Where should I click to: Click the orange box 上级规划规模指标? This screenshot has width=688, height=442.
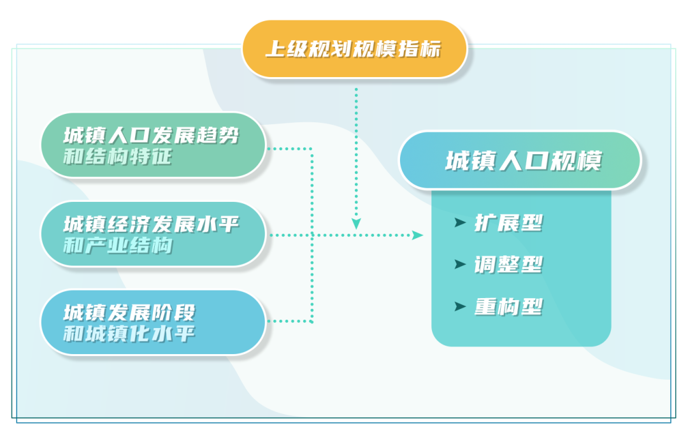pos(354,49)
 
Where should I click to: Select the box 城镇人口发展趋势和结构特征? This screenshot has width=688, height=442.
pos(153,145)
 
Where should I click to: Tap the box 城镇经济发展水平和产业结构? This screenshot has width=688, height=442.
pos(153,234)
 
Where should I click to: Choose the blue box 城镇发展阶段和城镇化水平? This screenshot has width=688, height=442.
pos(153,322)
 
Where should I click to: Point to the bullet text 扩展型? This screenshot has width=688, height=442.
pos(508,223)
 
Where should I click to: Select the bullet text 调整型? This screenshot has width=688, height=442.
pos(508,265)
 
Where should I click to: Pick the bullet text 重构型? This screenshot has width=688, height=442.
pos(508,307)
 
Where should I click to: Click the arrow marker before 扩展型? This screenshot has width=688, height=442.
pos(460,222)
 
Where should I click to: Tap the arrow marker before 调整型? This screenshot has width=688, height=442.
pos(460,264)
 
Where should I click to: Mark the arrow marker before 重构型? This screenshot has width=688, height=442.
pos(460,306)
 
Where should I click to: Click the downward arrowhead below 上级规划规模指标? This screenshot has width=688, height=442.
pos(356,224)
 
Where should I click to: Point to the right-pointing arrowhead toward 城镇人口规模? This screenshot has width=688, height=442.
pos(417,235)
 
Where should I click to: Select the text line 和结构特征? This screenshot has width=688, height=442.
pos(118,157)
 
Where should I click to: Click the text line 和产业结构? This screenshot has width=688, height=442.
pos(118,245)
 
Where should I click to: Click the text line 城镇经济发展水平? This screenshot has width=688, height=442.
pos(152,224)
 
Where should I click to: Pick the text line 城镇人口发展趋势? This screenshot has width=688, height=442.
pos(152,136)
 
